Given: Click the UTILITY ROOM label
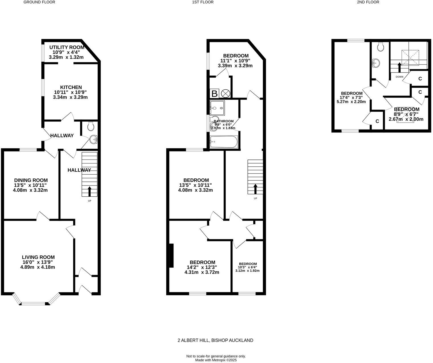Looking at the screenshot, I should tap(67, 47).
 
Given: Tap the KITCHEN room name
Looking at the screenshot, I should tap(71, 87).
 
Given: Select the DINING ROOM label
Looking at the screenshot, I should tap(31, 180).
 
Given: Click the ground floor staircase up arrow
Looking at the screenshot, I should tap(90, 191).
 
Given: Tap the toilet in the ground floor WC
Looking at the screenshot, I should tap(91, 126).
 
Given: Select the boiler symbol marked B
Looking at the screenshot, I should tap(214, 94).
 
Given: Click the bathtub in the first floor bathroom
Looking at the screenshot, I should tap(223, 142).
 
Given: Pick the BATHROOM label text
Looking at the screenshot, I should tap(224, 121).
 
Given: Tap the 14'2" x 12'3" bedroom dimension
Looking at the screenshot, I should tap(203, 267).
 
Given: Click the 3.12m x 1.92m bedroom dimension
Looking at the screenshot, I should tap(247, 271).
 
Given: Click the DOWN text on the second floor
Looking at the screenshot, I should tap(399, 77).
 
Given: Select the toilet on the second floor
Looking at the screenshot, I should tap(380, 46).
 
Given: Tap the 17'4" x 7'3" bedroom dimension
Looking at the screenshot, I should tap(352, 97).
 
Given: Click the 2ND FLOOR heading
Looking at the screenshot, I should tap(368, 2).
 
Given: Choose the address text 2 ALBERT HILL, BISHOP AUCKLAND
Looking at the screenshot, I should tap(215, 340).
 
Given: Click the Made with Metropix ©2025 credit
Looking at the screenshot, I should tap(216, 360).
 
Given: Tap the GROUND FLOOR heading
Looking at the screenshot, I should tap(39, 2).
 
